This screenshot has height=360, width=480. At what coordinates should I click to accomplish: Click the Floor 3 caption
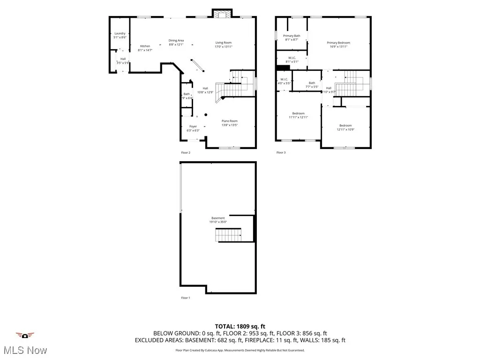tap(281, 152)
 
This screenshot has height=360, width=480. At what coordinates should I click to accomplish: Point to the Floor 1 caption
tap(186, 298)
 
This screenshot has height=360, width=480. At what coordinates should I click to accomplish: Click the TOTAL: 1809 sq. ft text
tap(240, 326)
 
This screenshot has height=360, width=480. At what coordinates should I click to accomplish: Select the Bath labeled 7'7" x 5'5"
tap(312, 85)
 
